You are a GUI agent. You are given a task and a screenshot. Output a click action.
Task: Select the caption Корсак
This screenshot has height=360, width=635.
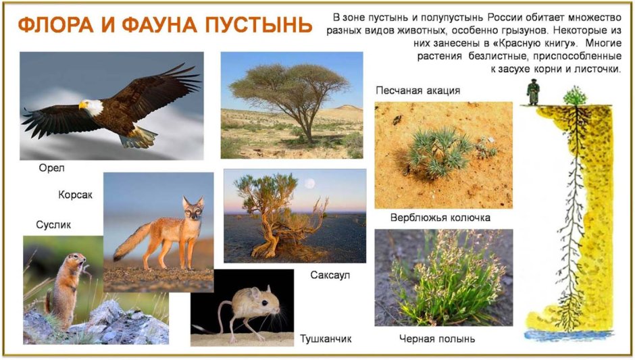pos(75,196)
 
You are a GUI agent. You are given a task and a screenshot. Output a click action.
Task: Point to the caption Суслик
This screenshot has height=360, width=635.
pos(53,225)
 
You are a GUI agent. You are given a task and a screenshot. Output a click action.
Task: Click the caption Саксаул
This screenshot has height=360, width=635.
pos(330,275)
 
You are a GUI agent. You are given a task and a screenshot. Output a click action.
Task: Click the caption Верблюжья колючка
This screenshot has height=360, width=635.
pos(440,218)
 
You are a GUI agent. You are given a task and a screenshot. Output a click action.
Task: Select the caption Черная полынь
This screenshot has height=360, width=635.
pos(436,338)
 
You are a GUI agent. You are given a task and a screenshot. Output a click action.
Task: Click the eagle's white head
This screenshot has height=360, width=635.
pos(92,106)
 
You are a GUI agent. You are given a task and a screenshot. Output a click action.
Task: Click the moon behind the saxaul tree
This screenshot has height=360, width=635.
pos(309,183)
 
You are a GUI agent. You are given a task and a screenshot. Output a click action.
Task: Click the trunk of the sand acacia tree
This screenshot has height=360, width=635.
pos(308,124)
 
